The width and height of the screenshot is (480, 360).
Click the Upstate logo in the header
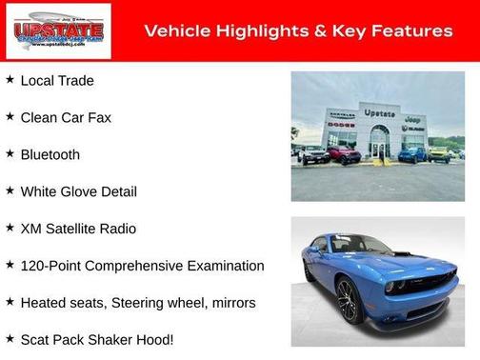click(58, 31)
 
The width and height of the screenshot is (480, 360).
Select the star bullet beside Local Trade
click(10, 79)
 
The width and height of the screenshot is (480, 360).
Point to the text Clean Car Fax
click(66, 117)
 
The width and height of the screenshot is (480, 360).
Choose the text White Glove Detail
click(78, 191)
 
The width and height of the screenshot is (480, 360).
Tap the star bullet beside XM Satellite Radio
click(10, 228)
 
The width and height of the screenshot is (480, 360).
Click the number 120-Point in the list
click(52, 266)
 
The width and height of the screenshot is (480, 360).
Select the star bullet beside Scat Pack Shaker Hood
click(10, 338)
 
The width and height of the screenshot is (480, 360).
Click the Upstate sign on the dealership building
click(379, 113)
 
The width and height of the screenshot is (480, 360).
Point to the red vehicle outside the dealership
click(343, 154)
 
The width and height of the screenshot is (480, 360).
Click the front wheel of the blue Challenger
click(347, 302)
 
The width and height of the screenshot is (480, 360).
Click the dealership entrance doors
click(379, 148)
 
